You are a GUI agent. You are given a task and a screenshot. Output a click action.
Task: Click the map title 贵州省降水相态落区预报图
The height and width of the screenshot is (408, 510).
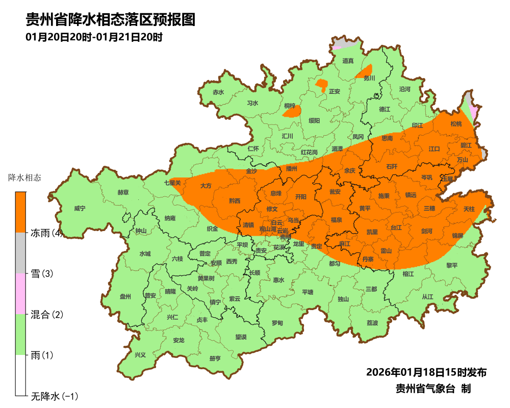(111, 20)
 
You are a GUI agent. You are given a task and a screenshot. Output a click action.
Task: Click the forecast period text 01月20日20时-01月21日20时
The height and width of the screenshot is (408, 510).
(94, 37)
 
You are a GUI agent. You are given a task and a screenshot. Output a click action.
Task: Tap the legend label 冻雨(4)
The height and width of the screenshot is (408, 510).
(46, 234)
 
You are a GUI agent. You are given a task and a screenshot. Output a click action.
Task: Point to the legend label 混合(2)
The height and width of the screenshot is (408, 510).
(46, 315)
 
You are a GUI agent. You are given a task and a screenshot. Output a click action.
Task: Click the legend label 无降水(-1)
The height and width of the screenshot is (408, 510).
(54, 396)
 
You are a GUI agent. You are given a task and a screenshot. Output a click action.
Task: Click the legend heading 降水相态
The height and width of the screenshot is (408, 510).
(25, 178)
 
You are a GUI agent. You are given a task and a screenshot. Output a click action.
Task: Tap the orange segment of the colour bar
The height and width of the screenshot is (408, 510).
(20, 212)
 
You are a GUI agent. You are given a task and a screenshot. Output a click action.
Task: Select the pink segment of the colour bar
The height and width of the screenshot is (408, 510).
(20, 293)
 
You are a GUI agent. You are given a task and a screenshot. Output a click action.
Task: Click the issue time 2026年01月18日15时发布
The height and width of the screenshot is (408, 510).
(426, 372)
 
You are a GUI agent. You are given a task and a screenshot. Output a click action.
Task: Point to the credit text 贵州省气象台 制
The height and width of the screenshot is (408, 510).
(433, 389)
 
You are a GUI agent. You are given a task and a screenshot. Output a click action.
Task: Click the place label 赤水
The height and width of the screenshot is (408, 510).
(218, 92)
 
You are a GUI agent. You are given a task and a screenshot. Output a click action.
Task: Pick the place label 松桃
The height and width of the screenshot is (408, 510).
(455, 124)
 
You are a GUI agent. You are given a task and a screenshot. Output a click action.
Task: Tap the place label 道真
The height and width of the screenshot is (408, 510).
(348, 61)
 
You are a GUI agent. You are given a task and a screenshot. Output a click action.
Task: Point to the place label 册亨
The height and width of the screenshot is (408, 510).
(215, 358)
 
